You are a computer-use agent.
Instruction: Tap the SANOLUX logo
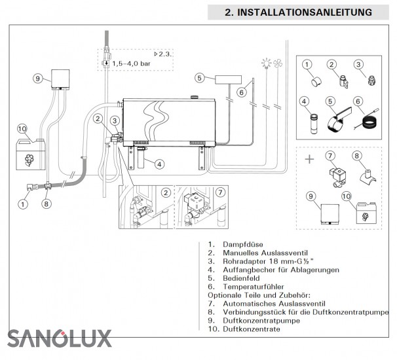tap(60, 338)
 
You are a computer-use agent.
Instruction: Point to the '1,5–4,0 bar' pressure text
tap(133, 63)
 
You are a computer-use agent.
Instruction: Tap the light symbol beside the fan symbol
tap(267, 63)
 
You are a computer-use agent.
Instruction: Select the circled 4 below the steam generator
tap(159, 164)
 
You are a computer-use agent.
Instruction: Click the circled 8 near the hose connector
tap(46, 203)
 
